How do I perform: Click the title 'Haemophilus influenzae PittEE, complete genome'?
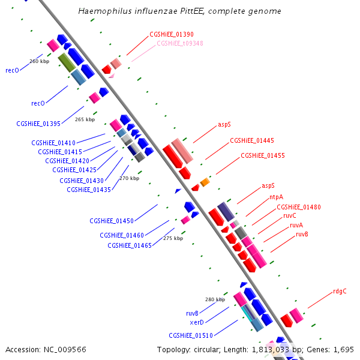[x=180, y=11]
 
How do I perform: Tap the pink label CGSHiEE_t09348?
[x=180, y=43]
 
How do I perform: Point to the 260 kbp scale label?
[x=39, y=61]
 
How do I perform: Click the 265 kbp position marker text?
[x=85, y=119]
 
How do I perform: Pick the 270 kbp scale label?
[x=129, y=178]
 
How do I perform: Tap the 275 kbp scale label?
[x=173, y=238]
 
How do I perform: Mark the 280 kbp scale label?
[x=215, y=299]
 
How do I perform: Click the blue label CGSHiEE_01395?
[x=38, y=124]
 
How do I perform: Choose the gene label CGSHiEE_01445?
[x=252, y=140]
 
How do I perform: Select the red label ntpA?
[x=276, y=197]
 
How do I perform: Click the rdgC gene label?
[x=340, y=292]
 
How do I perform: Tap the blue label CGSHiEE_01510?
[x=191, y=335]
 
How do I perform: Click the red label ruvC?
[x=290, y=215]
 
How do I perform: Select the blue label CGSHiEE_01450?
[x=112, y=221]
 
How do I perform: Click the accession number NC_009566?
[x=67, y=349]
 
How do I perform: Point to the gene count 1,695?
[x=343, y=349]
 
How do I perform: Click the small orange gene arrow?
[x=205, y=182]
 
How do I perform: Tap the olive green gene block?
[x=66, y=62]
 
